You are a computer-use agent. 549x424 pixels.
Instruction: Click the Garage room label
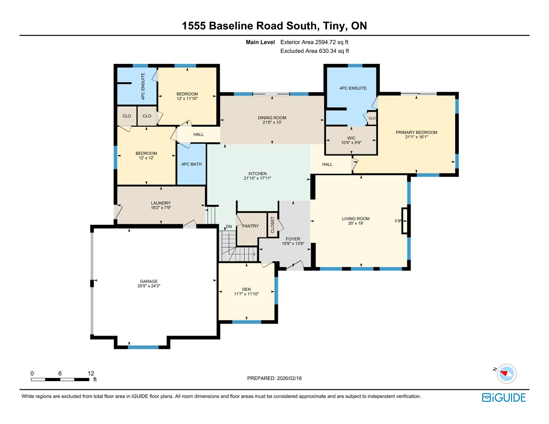149,281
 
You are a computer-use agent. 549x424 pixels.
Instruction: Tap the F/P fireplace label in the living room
398,221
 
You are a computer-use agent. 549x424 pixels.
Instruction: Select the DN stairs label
229,227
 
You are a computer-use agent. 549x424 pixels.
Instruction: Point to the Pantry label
250,226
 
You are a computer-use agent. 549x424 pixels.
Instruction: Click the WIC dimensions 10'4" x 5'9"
351,143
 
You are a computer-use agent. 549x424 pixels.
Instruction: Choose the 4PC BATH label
192,164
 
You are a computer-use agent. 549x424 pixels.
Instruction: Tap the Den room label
246,289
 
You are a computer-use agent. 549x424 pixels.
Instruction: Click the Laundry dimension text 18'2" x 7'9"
161,208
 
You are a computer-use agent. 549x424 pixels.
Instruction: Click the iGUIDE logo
503,397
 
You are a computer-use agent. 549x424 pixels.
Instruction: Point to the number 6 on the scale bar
60,373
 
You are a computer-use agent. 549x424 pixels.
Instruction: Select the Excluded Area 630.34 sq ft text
314,51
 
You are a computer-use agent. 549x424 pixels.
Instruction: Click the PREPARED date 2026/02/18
289,378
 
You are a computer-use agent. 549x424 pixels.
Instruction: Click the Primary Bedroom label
416,132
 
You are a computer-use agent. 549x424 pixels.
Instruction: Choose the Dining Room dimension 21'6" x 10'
272,122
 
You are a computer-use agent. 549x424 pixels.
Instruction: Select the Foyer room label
293,239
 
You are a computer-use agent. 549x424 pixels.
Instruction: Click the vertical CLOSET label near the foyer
272,225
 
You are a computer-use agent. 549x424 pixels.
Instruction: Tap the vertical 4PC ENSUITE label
143,86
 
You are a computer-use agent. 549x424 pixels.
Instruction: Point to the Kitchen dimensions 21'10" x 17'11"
257,178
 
